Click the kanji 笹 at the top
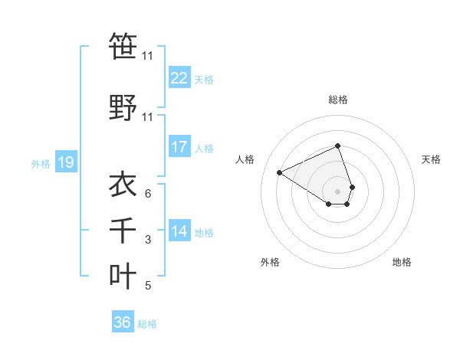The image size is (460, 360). point(123,47)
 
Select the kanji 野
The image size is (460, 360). point(123,108)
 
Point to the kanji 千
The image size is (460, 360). point(123,230)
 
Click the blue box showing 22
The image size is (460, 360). point(179,78)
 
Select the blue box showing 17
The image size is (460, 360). point(179,147)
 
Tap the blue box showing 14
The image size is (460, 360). point(179,231)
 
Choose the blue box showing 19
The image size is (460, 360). point(66,162)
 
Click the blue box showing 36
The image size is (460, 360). point(123,322)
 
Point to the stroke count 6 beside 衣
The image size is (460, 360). point(147,194)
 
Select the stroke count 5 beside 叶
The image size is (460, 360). point(147,286)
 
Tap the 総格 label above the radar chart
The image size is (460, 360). point(338,100)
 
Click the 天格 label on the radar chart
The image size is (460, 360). point(432,159)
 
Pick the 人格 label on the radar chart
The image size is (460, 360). point(245,159)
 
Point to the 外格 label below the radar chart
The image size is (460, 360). point(270,263)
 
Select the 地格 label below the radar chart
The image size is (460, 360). point(402,263)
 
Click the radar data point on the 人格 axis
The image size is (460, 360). point(280,173)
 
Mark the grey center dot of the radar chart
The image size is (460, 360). point(338,191)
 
